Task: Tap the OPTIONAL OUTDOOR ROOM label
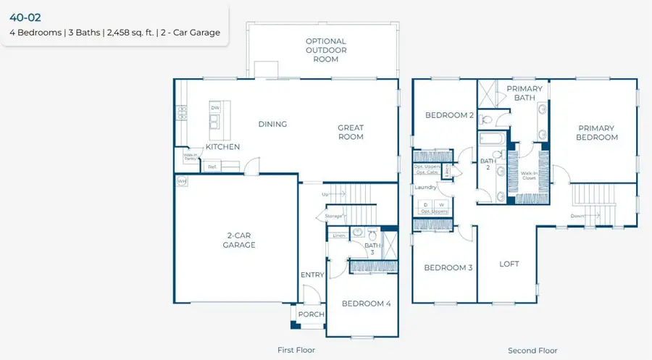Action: [x=326, y=50]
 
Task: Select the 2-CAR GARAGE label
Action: [x=238, y=240]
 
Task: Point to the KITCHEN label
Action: [x=222, y=147]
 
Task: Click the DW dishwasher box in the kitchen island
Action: [x=215, y=108]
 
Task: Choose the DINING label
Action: [x=272, y=124]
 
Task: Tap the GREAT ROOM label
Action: [x=351, y=133]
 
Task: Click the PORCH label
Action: [x=312, y=314]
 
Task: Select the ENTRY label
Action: [x=312, y=275]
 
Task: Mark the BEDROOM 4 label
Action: [x=366, y=304]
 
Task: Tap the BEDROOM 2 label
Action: [x=449, y=115]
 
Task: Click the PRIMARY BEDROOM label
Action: [x=597, y=133]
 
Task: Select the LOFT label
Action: [x=509, y=264]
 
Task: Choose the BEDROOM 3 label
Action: [x=448, y=267]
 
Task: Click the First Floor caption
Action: [x=296, y=350]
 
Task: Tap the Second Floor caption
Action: [x=532, y=350]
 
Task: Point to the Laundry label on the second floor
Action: [x=425, y=187]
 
